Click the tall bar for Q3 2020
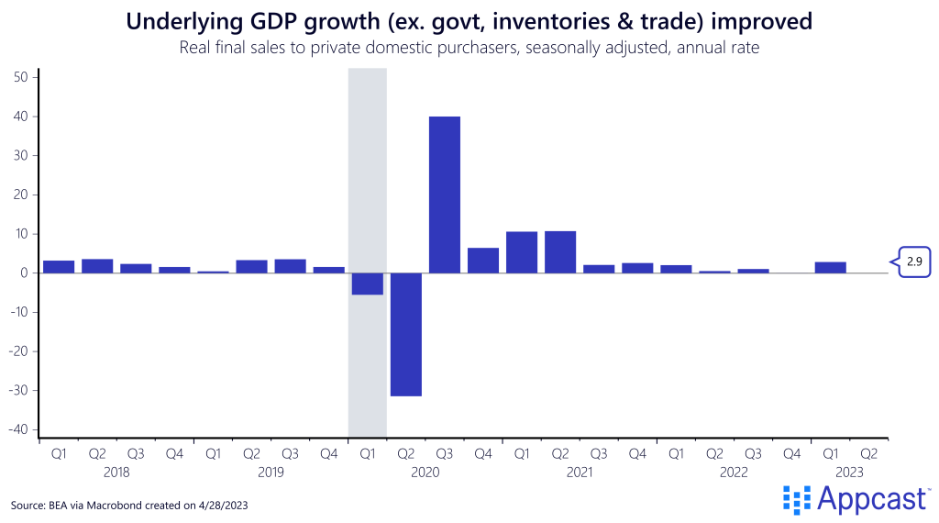click(445, 195)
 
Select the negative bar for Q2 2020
click(406, 334)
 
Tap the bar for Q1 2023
click(830, 267)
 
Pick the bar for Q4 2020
click(483, 261)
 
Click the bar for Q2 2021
click(560, 251)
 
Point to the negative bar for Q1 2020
click(368, 284)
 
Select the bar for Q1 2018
click(59, 267)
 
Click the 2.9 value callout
click(913, 261)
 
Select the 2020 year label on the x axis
click(425, 473)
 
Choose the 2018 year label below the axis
click(116, 473)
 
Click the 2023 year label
click(849, 473)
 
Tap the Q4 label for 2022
click(791, 453)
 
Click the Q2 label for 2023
click(868, 453)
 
